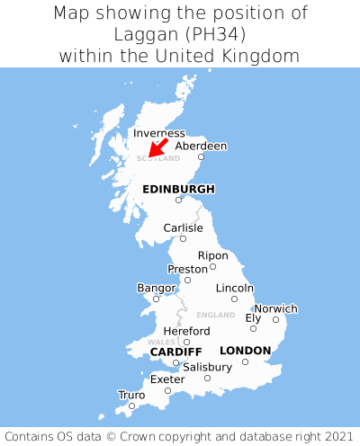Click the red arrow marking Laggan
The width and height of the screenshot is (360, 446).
click(157, 147)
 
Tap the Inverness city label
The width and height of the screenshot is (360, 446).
click(158, 133)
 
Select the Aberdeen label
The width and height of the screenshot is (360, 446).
click(201, 146)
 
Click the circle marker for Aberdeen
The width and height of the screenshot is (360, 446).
click(202, 158)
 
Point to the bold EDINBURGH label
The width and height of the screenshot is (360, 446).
click(178, 189)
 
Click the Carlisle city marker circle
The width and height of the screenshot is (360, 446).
click(183, 239)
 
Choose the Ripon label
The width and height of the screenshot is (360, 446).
click(213, 255)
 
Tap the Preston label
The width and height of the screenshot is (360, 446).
click(188, 269)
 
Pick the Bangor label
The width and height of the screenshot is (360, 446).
click(156, 288)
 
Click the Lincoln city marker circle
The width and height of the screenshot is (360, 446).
click(234, 299)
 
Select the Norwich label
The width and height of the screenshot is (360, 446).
click(275, 308)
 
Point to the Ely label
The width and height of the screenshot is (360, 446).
click(254, 318)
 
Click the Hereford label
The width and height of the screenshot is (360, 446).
click(187, 331)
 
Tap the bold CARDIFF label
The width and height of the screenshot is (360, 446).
click(175, 351)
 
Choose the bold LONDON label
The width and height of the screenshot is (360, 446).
click(245, 350)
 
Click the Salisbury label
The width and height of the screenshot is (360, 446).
click(207, 367)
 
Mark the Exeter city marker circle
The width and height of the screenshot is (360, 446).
click(167, 391)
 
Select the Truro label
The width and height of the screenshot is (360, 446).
click(131, 395)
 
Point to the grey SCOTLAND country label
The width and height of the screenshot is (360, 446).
click(151, 158)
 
